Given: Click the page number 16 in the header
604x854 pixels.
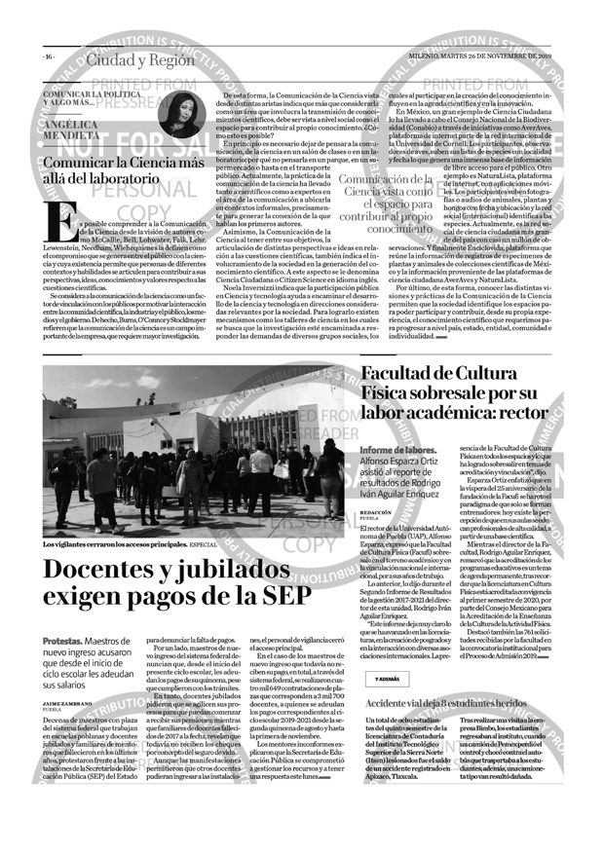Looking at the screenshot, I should click(x=48, y=56).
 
